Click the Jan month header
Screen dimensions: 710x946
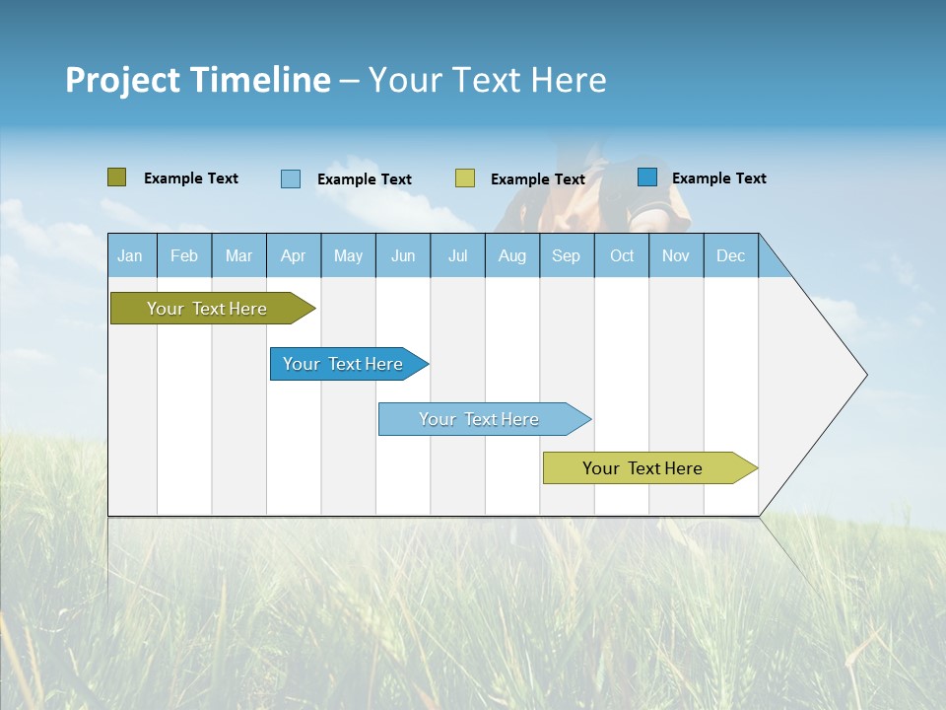(x=130, y=255)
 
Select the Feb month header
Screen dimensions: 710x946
(x=184, y=255)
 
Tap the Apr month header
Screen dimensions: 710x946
(x=293, y=255)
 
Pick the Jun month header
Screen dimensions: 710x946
(x=403, y=255)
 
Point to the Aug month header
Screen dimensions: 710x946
(x=512, y=255)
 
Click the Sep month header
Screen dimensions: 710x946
(x=566, y=255)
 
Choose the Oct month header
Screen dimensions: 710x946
(x=622, y=255)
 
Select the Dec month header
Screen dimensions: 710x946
(x=730, y=255)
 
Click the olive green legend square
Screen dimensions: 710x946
(x=117, y=177)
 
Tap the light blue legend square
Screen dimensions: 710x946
(x=291, y=178)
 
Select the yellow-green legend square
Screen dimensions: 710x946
(x=465, y=178)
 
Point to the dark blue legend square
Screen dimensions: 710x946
(x=647, y=177)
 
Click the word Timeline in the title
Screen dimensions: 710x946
(x=259, y=80)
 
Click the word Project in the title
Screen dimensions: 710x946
(x=123, y=80)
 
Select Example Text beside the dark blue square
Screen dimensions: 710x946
(x=718, y=177)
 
